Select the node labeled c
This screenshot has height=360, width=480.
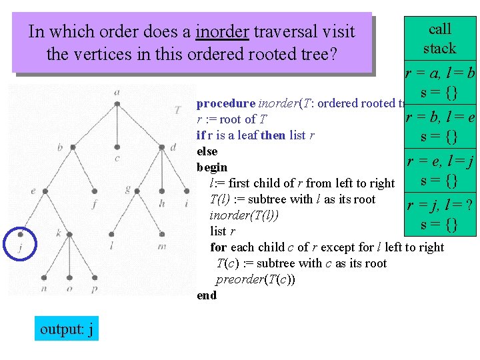117,147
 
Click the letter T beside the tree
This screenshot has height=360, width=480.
176,110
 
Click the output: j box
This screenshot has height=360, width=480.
67,329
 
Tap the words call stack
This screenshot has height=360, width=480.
439,39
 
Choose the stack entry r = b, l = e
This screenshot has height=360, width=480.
440,127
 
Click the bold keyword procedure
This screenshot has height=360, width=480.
226,103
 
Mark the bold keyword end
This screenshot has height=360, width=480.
207,295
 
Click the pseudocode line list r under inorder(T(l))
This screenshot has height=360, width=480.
222,231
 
